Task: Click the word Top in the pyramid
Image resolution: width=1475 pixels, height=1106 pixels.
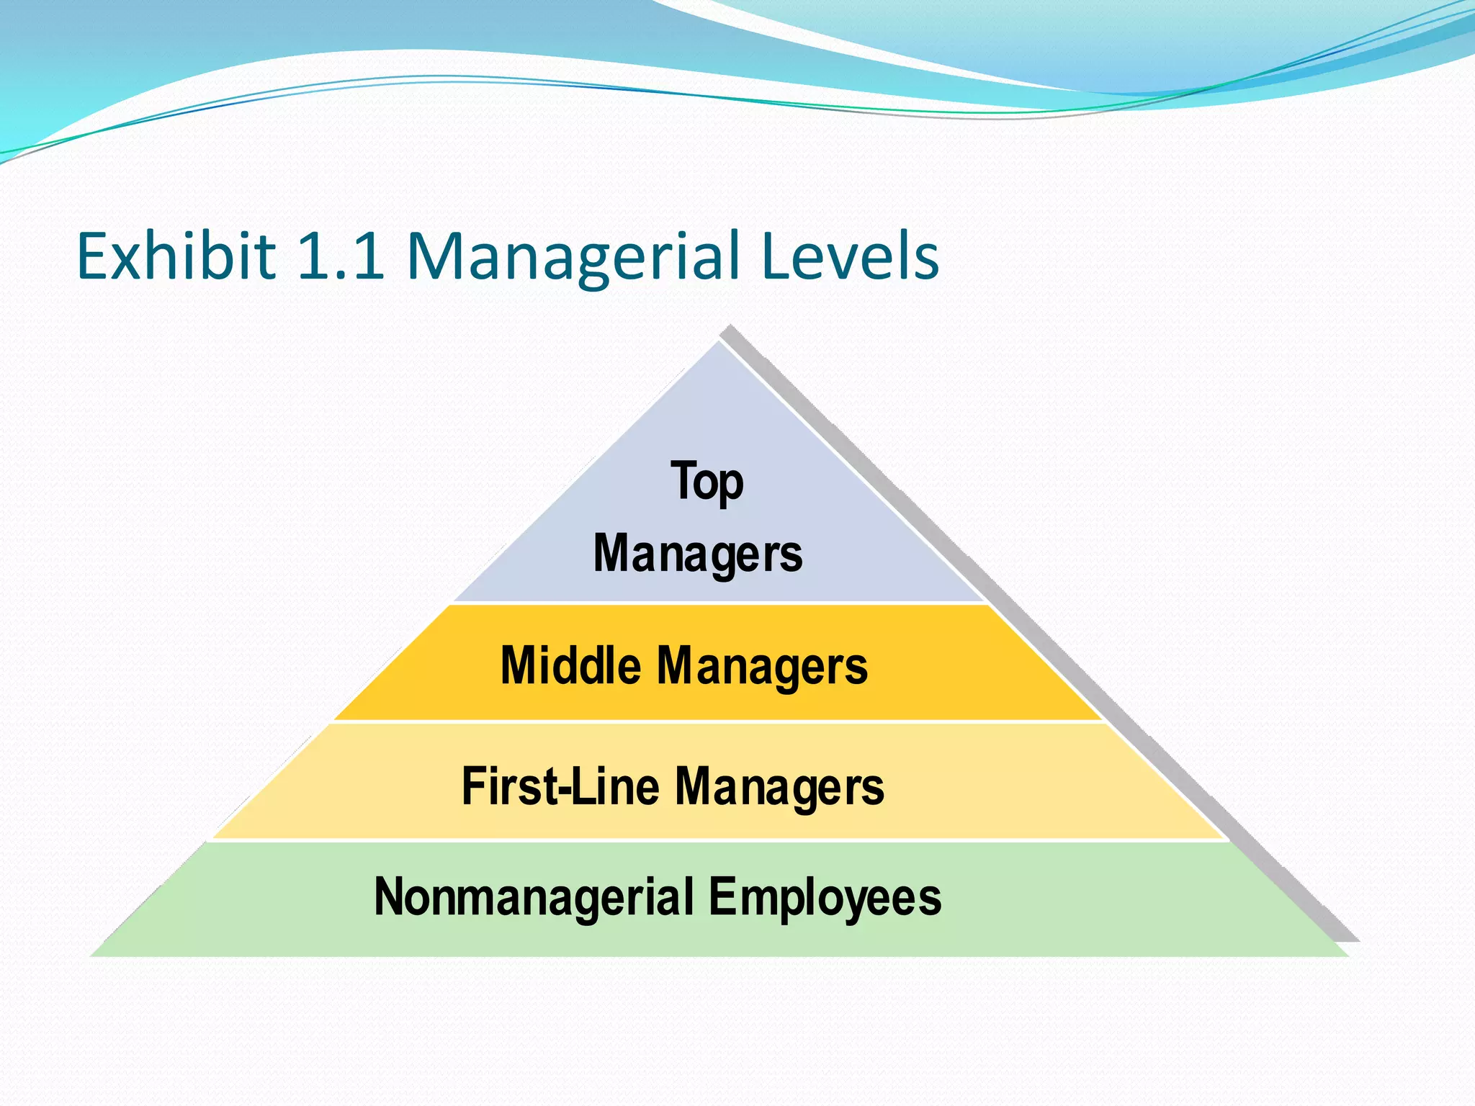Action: pos(707,482)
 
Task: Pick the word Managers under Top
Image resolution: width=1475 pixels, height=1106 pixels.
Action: pos(698,554)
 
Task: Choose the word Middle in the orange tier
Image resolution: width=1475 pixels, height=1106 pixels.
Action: pos(570,665)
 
